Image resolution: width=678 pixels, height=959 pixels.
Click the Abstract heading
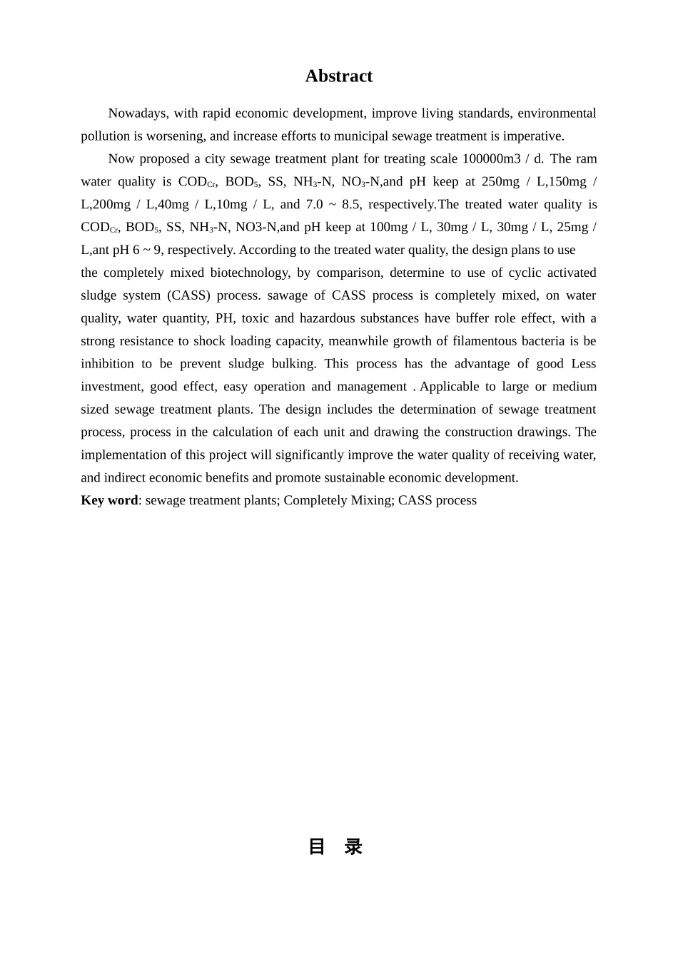338,76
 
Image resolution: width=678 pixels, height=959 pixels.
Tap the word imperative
534,136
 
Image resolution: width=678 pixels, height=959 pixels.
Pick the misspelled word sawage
288,295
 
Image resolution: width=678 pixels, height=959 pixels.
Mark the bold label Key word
109,500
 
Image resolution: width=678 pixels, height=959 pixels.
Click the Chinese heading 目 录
335,847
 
